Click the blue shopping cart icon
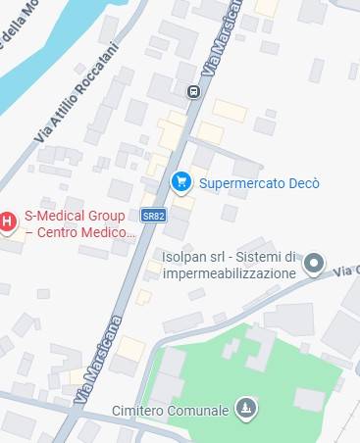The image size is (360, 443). (x=180, y=181)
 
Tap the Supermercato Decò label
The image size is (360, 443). (x=259, y=182)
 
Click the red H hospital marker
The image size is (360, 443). (x=8, y=222)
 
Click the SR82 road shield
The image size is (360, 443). (x=151, y=215)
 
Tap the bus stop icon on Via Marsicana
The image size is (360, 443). (x=193, y=92)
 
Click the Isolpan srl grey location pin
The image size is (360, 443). (x=313, y=262)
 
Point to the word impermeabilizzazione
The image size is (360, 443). (x=230, y=273)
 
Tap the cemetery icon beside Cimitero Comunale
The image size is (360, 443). (x=246, y=408)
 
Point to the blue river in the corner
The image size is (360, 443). (x=39, y=59)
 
